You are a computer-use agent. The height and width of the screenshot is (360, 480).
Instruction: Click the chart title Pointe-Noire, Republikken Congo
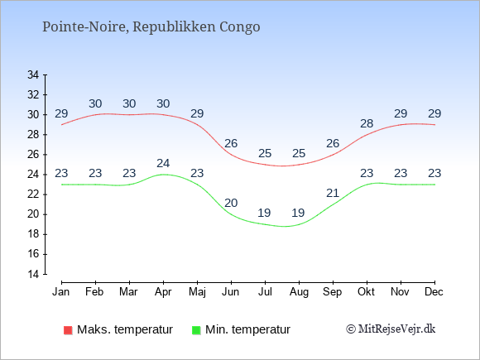[x=151, y=27]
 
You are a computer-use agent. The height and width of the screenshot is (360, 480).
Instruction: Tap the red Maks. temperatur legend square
[x=68, y=330]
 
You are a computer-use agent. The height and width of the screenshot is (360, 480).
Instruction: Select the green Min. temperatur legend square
[x=196, y=330]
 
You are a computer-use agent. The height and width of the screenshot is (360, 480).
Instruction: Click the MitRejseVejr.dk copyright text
[x=391, y=329]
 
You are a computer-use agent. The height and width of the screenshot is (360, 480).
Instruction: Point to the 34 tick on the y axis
[x=33, y=74]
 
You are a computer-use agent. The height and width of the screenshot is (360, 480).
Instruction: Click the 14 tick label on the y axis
[x=33, y=274]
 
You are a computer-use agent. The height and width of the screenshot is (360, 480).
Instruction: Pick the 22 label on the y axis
[x=33, y=194]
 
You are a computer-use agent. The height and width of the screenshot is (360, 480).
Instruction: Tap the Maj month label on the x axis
[x=197, y=292]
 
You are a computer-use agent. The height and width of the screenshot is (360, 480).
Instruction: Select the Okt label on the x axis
[x=366, y=292]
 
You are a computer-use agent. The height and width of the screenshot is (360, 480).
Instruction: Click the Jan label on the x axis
[x=61, y=292]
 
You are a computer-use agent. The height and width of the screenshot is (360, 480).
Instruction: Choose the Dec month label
[x=434, y=292]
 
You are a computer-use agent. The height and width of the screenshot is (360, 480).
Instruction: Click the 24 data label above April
[x=163, y=164]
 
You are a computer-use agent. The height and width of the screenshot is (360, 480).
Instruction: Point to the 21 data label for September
[x=333, y=193]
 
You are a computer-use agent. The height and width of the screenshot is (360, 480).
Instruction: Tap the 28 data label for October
[x=367, y=123]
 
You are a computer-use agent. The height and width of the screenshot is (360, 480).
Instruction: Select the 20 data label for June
[x=231, y=203]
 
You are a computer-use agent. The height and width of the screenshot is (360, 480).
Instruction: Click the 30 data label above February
[x=95, y=103]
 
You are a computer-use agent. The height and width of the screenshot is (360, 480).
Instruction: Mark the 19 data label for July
[x=265, y=213]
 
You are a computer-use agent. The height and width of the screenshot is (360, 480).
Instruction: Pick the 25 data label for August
[x=299, y=153]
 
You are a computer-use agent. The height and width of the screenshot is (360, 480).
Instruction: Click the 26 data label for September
[x=333, y=143]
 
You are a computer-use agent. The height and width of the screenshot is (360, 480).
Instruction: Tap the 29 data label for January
[x=61, y=113]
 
